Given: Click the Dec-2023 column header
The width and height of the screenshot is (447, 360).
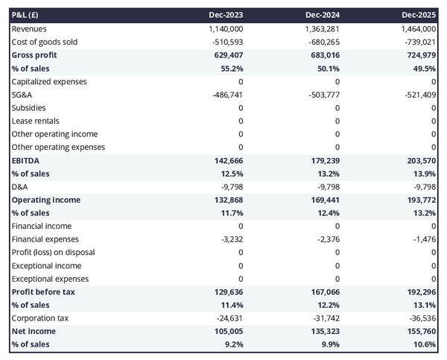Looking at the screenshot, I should pos(227,15).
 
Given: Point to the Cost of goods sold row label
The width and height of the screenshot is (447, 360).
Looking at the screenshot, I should pos(44,42).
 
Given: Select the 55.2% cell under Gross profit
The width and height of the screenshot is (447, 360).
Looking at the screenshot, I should pos(230,68).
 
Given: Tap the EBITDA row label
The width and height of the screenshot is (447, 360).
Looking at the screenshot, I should pos(25,160).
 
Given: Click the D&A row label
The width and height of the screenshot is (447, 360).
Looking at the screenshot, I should pos(20,186).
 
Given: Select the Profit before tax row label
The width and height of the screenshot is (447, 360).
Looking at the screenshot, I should pos(43,291).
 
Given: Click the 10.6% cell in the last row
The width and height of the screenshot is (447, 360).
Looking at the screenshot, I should pos(422,344).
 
